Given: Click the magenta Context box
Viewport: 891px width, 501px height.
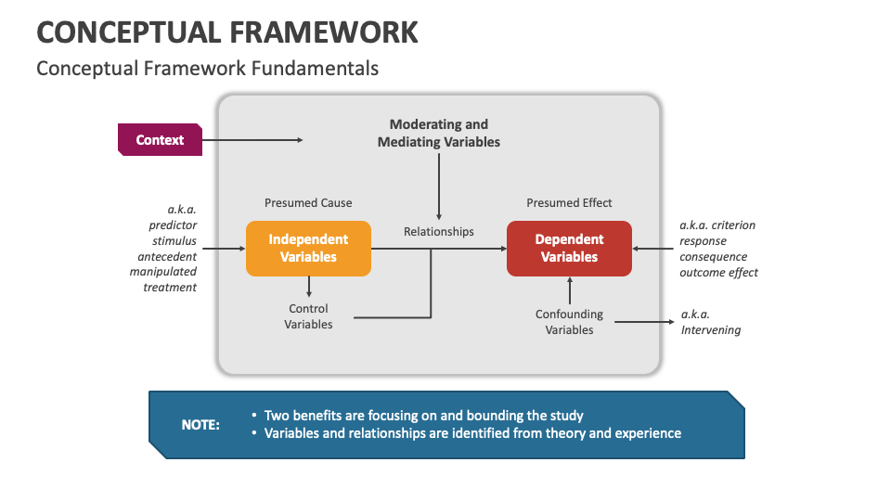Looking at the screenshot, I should (160, 140).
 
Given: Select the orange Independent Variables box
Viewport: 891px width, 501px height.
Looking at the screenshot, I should (308, 249).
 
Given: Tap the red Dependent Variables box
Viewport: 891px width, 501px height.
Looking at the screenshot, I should (569, 249).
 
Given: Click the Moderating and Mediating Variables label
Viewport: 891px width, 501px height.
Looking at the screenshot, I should (438, 133).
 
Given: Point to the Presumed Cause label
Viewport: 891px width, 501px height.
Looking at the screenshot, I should (308, 203).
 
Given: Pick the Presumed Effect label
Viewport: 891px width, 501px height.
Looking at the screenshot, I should (569, 203).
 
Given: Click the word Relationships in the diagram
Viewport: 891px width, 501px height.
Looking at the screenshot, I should (438, 232).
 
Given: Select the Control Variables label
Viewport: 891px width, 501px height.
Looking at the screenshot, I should (308, 316).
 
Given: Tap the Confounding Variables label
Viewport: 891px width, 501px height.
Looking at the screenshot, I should (569, 322).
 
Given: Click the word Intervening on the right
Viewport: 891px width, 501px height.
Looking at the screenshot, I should (711, 330).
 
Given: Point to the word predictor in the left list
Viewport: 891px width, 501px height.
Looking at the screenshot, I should (173, 225).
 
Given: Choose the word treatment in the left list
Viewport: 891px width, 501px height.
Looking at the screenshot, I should (170, 288).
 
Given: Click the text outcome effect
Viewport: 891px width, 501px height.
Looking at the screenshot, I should (718, 273).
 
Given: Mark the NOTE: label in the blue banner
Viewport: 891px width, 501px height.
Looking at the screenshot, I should (200, 425).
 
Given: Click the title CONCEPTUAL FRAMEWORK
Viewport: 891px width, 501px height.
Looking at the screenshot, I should (227, 32).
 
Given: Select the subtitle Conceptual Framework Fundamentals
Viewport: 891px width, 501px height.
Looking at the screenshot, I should (207, 69).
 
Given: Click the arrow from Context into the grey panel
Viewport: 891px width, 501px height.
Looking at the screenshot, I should (252, 140).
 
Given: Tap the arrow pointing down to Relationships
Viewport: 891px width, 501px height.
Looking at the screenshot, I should (439, 186).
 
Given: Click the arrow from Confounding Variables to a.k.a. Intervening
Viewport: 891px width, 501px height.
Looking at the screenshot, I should (644, 322).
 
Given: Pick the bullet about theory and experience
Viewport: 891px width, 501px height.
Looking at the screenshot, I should (472, 433).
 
